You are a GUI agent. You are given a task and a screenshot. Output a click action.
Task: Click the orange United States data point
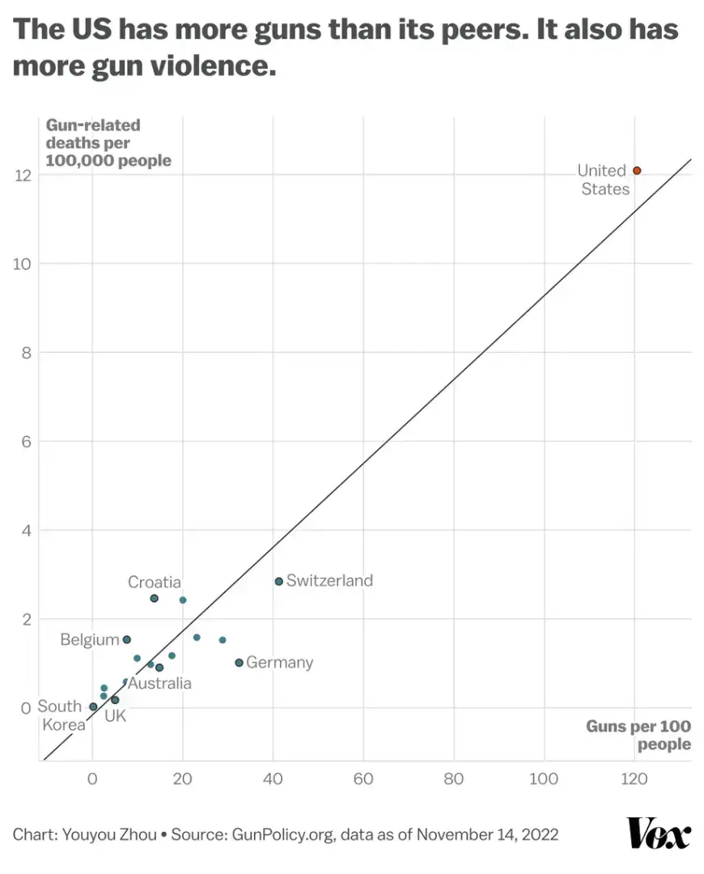[637, 171]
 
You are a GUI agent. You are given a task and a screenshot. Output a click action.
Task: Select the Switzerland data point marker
[279, 581]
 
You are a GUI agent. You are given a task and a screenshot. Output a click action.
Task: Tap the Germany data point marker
[239, 663]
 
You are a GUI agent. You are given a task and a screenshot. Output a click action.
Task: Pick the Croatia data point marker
[154, 598]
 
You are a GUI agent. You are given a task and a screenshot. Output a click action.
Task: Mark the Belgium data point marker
[126, 639]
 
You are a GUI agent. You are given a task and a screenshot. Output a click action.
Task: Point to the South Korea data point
[93, 706]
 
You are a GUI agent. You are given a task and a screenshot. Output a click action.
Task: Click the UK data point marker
[115, 700]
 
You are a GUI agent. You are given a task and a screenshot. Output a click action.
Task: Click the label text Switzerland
[329, 580]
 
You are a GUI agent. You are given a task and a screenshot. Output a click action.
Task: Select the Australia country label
[159, 684]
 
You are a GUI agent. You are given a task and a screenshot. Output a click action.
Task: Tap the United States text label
[604, 180]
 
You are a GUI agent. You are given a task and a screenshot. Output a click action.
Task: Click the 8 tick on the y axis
[25, 353]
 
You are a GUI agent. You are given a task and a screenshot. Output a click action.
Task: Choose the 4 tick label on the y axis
[25, 531]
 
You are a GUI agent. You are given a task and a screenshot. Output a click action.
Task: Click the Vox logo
[659, 834]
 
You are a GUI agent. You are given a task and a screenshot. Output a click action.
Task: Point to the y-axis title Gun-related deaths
[108, 142]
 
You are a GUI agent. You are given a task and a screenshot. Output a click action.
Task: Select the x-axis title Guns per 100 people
[639, 735]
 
